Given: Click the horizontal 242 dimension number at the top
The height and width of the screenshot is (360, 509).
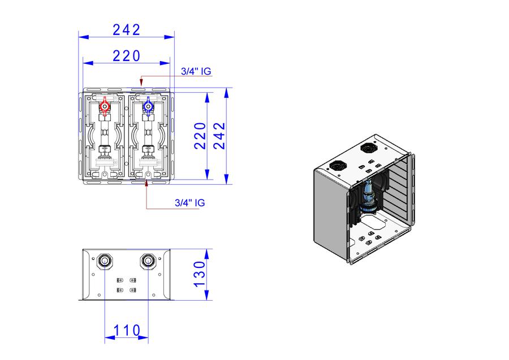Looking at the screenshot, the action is pyautogui.click(x=127, y=30).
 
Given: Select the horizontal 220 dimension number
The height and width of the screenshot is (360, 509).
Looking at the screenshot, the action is pyautogui.click(x=127, y=56).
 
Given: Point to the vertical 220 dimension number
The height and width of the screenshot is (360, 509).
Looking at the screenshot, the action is pyautogui.click(x=200, y=136).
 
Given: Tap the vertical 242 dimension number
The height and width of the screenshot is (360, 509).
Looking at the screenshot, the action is pyautogui.click(x=219, y=136).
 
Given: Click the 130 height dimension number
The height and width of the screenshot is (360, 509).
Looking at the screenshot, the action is pyautogui.click(x=200, y=274).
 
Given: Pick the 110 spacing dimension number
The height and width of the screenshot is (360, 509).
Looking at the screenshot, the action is pyautogui.click(x=127, y=331).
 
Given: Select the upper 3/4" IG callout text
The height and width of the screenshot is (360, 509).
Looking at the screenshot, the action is pyautogui.click(x=196, y=71).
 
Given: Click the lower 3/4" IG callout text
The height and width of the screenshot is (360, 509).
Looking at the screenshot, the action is pyautogui.click(x=190, y=203).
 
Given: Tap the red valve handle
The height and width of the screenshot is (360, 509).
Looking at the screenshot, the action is pyautogui.click(x=105, y=106).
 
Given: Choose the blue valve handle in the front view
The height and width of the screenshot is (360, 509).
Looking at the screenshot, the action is pyautogui.click(x=148, y=106).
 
